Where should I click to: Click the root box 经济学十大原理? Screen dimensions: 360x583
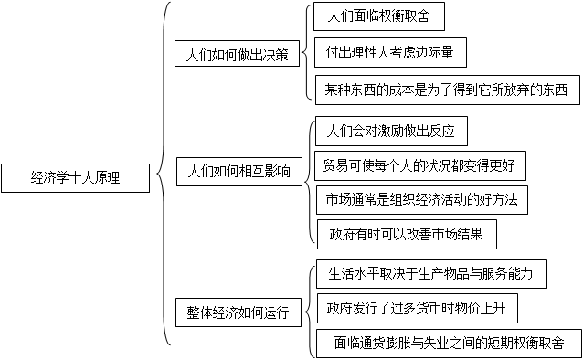coord(75,178)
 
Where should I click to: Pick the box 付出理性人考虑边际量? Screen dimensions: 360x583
coord(389,53)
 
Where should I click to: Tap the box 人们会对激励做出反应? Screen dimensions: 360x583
coord(390,131)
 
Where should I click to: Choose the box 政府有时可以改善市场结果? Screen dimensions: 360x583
coord(407,234)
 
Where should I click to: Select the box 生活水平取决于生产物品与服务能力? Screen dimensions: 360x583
coord(429,273)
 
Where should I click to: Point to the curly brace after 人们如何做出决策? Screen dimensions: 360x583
coord(305,53)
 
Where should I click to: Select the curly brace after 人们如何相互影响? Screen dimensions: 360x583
coord(311,177)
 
